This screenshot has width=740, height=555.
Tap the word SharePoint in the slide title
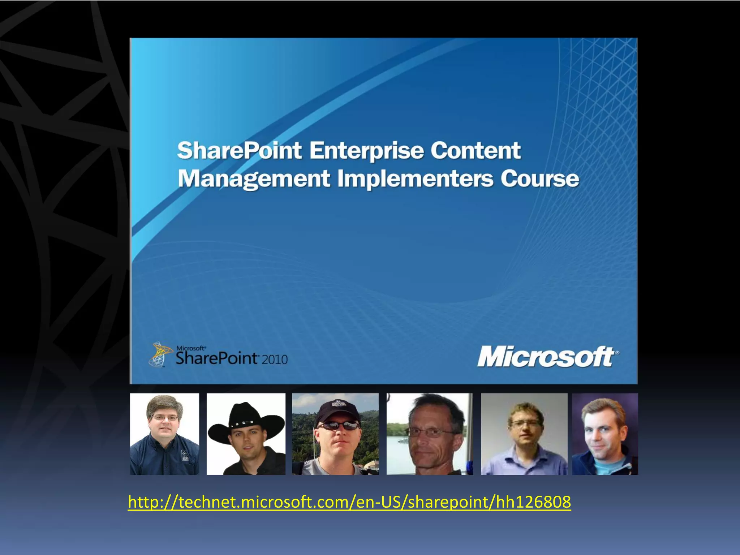239,151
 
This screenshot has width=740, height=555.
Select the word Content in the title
476,151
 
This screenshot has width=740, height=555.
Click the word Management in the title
254,179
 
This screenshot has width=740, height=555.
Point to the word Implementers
415,179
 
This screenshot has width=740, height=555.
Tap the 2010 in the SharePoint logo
275,360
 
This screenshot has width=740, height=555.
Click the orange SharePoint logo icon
159,354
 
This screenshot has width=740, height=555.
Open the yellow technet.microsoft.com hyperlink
349,502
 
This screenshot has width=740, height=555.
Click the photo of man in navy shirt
165,434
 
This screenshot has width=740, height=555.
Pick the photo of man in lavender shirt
524,434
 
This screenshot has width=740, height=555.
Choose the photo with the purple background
605,434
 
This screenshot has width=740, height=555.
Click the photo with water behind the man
430,434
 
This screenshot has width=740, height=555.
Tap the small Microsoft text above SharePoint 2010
190,348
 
